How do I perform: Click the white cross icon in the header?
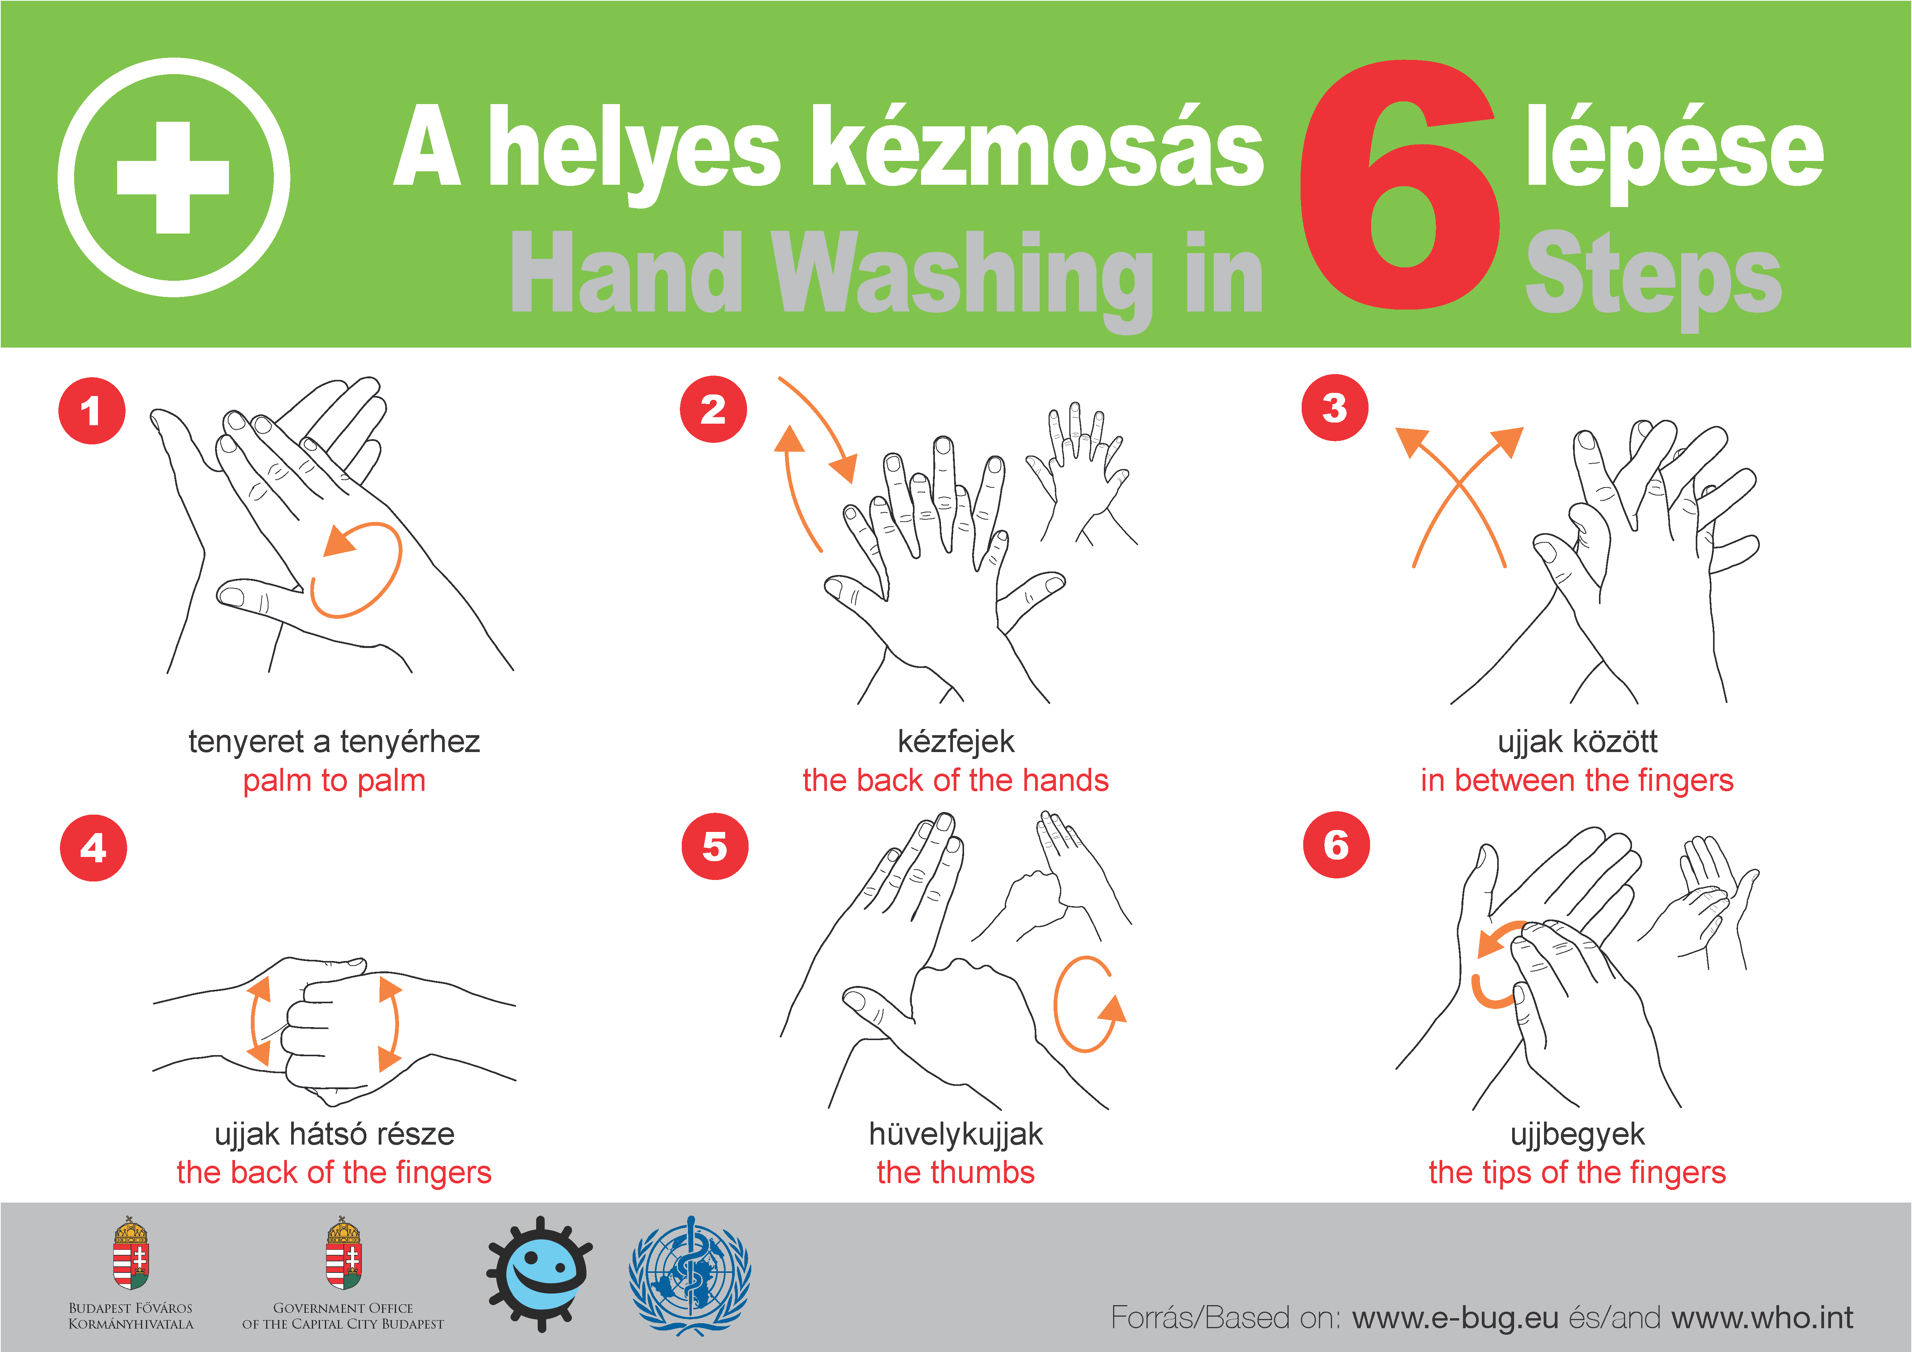pos(173,177)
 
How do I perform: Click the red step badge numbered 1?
pos(91,411)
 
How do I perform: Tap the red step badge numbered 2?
pos(713,409)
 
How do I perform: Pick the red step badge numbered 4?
pos(93,848)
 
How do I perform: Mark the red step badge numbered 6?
pos(1336,844)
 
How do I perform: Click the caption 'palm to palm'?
pos(334,781)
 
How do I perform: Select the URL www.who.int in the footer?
pos(1762,1318)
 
